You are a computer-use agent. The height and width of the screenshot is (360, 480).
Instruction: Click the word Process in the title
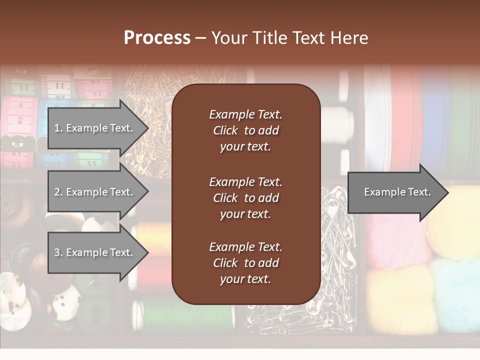157,37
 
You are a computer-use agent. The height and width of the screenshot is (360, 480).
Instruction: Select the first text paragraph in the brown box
245,130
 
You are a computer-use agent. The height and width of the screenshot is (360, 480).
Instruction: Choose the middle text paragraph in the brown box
245,198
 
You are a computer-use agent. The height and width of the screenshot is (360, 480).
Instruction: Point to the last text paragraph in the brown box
245,263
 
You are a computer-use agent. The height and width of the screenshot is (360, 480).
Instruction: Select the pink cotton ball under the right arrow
395,240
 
